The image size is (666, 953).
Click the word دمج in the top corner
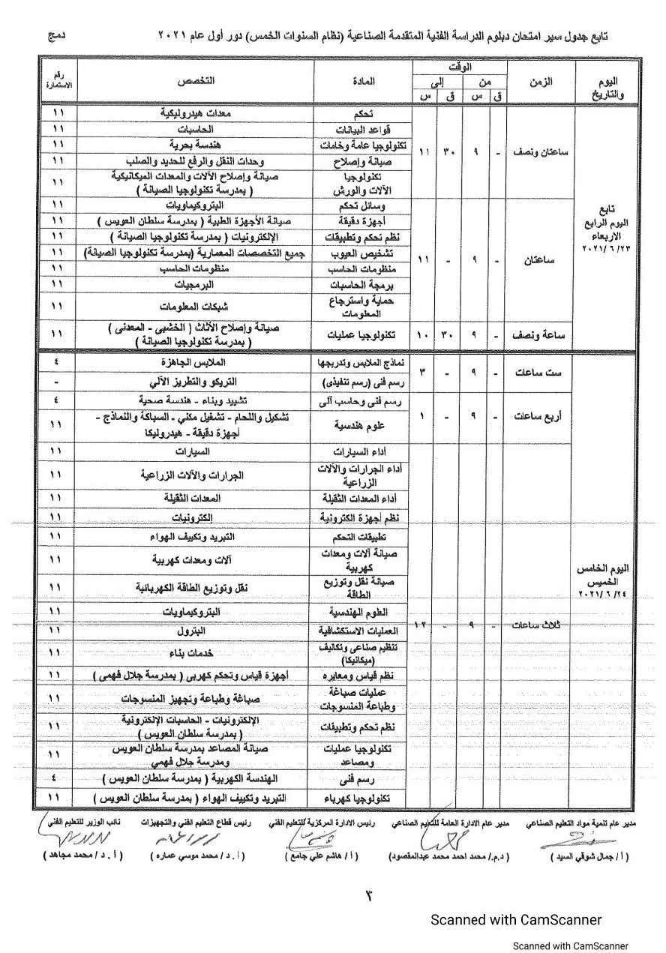(x=58, y=35)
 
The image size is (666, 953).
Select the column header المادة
(x=363, y=81)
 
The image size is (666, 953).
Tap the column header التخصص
(x=197, y=80)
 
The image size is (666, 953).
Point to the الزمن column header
(x=541, y=81)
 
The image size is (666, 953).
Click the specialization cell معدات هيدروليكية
(x=197, y=113)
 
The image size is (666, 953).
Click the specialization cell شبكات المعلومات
(x=197, y=307)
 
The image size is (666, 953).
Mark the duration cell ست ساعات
(x=539, y=373)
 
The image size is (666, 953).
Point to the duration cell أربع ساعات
(x=539, y=417)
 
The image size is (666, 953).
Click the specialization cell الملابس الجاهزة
(x=197, y=362)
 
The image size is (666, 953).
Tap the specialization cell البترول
(x=197, y=632)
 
